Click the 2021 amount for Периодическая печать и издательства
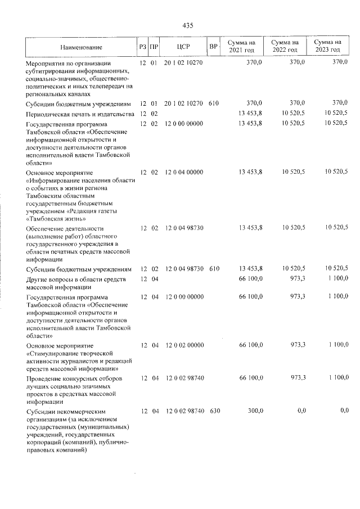tap(250, 114)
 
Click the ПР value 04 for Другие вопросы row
tap(154, 279)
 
